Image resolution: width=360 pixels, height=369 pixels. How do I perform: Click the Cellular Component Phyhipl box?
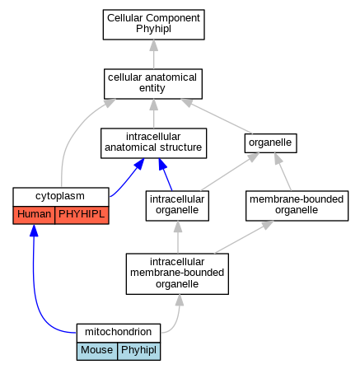click(x=153, y=25)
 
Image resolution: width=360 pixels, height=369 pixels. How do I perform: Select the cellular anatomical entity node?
click(x=153, y=84)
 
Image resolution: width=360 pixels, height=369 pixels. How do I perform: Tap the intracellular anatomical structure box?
click(x=153, y=143)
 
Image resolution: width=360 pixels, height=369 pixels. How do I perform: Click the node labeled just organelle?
click(x=270, y=143)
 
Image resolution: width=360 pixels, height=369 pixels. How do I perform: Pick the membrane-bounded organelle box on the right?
click(x=297, y=206)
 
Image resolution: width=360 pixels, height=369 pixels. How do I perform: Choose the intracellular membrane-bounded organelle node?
click(x=177, y=273)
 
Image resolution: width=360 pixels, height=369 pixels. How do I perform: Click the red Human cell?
click(x=34, y=215)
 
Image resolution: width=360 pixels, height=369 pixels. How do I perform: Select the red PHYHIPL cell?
click(x=82, y=215)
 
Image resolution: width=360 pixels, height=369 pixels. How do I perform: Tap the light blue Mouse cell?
click(x=97, y=351)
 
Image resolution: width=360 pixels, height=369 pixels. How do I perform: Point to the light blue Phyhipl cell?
click(x=139, y=351)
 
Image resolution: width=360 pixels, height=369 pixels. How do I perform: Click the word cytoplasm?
click(x=60, y=196)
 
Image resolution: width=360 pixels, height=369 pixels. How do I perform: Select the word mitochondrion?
click(x=118, y=332)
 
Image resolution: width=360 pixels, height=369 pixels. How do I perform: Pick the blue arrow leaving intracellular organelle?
click(x=166, y=174)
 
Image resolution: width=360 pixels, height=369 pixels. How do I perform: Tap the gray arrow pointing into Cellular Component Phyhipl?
click(x=153, y=54)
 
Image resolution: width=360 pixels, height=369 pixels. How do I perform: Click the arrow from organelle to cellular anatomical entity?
click(x=217, y=116)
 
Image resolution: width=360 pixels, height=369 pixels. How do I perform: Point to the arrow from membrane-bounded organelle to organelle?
click(x=283, y=171)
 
